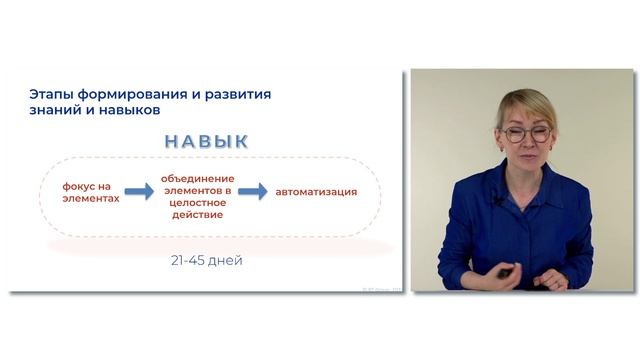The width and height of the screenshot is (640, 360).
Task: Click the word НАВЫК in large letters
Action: pos(206,141)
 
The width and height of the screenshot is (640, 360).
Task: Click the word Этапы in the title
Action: pos(53,94)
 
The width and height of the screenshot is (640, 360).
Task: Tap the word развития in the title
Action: pos(239,94)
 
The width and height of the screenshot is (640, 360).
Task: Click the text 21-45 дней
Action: pos(205,261)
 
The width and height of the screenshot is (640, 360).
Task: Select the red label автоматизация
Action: pos(315,192)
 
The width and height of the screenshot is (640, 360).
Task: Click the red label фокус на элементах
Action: pos(90,192)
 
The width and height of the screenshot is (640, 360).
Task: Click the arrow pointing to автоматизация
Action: pos(253,191)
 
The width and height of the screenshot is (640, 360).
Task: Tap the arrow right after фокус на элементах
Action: pos(140,191)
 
